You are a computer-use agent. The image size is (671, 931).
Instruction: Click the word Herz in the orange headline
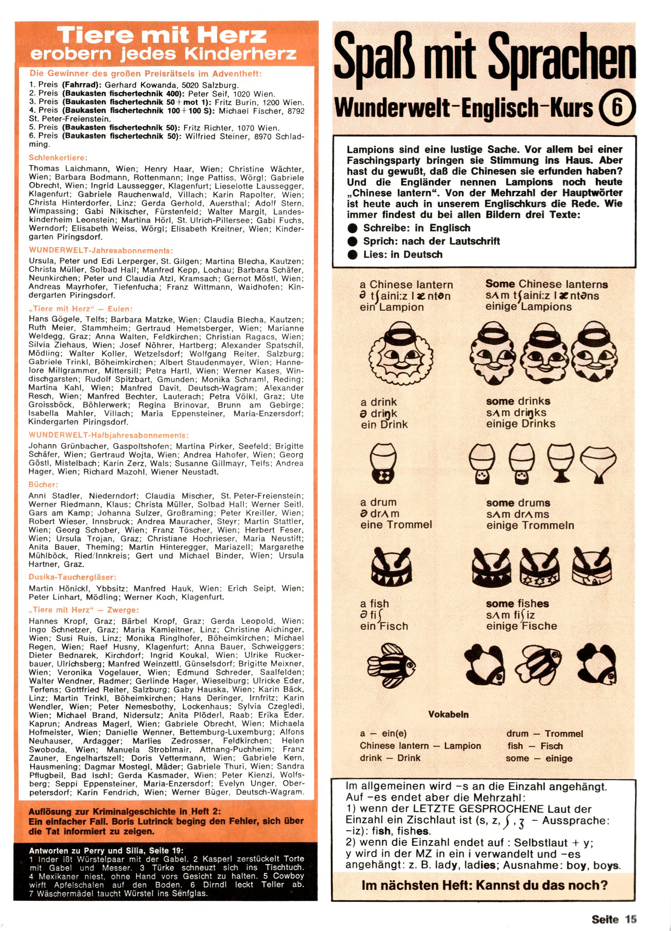pyautogui.click(x=233, y=36)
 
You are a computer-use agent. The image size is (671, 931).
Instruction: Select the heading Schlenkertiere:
pyautogui.click(x=58, y=158)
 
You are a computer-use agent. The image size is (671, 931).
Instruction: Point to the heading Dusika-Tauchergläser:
pyautogui.click(x=72, y=577)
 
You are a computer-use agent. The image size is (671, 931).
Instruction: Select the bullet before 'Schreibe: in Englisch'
pyautogui.click(x=352, y=228)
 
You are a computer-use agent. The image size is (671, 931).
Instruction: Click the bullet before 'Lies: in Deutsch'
pyautogui.click(x=352, y=255)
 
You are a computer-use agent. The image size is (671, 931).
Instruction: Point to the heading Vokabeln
pyautogui.click(x=448, y=714)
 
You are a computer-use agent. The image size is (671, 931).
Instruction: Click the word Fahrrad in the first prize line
pyautogui.click(x=82, y=85)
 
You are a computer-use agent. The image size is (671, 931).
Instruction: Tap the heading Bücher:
pyautogui.click(x=43, y=484)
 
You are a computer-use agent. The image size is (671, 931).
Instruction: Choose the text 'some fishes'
pyautogui.click(x=517, y=603)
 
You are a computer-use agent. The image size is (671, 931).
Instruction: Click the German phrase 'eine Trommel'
pyautogui.click(x=396, y=524)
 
